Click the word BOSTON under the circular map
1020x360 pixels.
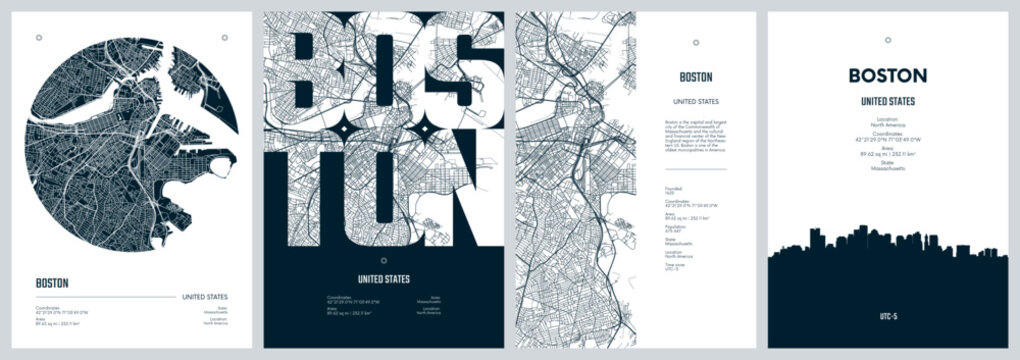pos(52,283)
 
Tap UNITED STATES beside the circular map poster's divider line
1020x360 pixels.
pos(204,297)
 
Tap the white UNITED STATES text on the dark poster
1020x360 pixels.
pos(384,279)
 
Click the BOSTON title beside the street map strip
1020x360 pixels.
pos(696,76)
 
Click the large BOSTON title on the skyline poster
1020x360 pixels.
pos(887,75)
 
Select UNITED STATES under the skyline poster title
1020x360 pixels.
pos(887,102)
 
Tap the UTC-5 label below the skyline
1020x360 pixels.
pos(888,315)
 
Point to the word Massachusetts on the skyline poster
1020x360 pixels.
pos(888,169)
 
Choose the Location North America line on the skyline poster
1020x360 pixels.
pos(888,122)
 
